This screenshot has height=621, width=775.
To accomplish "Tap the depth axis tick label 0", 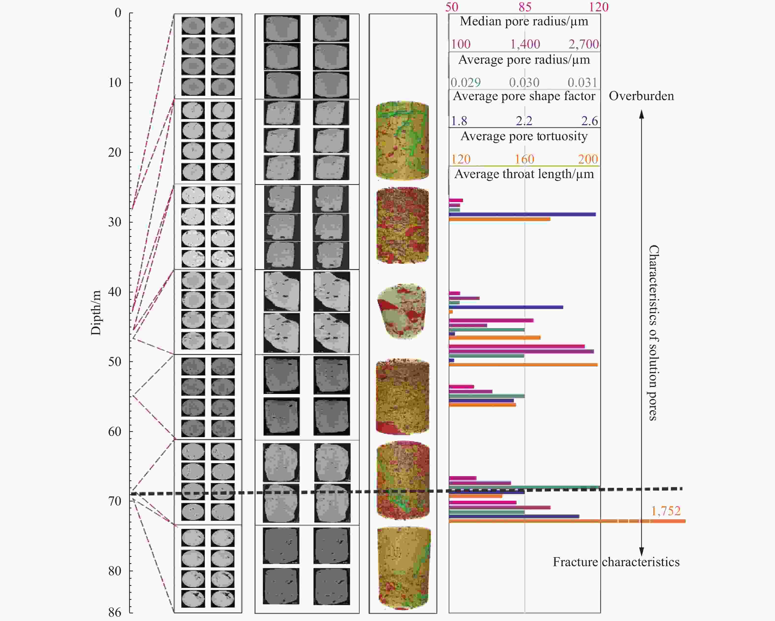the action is [118, 13].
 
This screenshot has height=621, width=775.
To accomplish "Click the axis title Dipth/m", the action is [96, 313].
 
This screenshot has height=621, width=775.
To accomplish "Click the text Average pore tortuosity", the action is [524, 136].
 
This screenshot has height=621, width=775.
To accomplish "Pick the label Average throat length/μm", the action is [524, 174].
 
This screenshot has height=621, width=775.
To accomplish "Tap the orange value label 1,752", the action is [666, 511].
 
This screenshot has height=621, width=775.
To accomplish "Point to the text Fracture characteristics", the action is [616, 562].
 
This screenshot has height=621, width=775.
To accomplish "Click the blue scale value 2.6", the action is [589, 121].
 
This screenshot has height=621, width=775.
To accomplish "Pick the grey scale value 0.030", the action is [524, 83].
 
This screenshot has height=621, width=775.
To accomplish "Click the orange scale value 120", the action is [461, 159].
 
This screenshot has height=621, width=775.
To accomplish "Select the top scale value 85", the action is [525, 7].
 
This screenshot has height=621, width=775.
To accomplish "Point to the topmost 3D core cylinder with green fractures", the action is [402, 140].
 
